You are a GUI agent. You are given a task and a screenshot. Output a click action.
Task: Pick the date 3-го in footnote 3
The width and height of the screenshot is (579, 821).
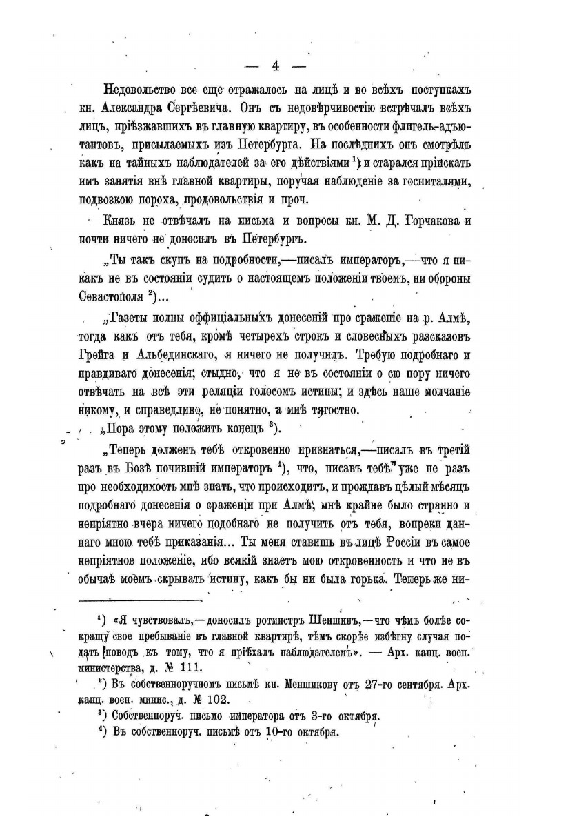click(x=301, y=716)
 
